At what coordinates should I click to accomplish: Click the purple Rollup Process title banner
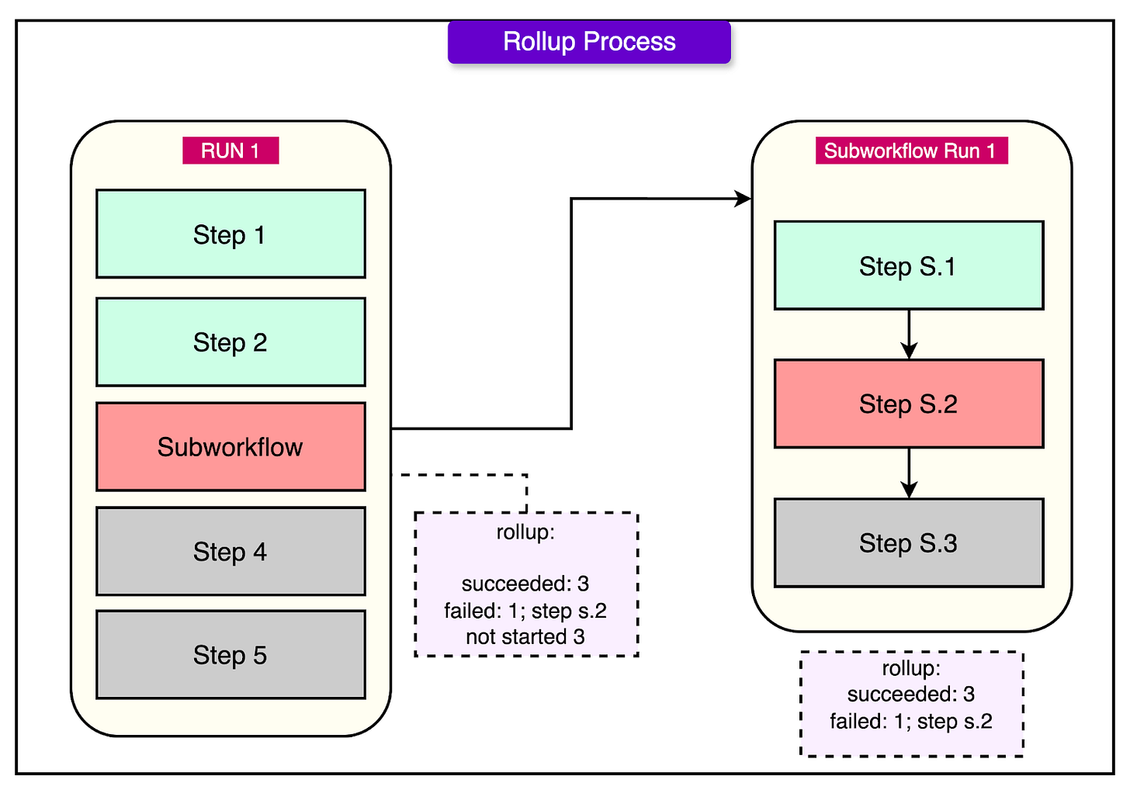tap(589, 42)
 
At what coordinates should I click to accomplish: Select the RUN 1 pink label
tap(231, 151)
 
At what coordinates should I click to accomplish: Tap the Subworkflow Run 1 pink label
tap(910, 151)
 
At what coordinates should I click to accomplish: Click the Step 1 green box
tap(231, 234)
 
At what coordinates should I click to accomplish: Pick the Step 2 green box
tap(231, 341)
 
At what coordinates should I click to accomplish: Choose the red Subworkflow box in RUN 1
tap(231, 446)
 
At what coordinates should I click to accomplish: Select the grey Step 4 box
tap(231, 551)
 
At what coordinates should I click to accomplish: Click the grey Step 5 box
tap(231, 654)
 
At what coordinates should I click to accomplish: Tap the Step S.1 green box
tap(908, 265)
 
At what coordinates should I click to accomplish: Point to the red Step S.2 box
tap(908, 404)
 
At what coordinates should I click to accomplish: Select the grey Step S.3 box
tap(908, 542)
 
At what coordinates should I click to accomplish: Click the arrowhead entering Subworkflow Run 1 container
tap(743, 199)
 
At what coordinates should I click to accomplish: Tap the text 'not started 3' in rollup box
tap(525, 636)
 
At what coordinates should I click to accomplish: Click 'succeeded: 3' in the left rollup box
tap(525, 584)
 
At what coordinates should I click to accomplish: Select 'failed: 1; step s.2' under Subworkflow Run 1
tap(910, 721)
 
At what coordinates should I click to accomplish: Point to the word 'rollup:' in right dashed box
tap(910, 668)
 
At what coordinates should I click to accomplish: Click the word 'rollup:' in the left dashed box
tap(525, 532)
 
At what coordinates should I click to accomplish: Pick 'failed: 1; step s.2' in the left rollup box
tap(525, 611)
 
